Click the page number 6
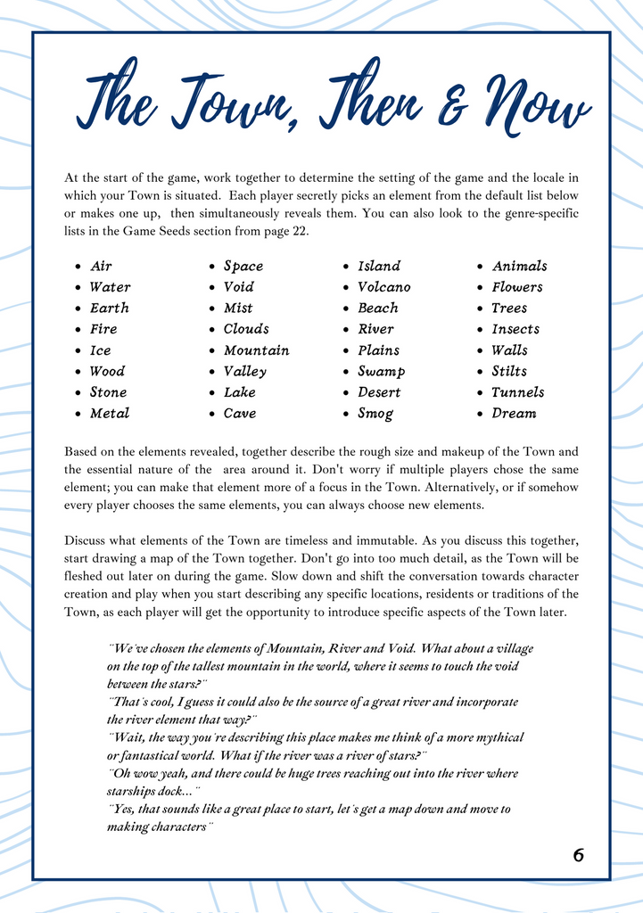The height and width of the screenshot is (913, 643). [579, 855]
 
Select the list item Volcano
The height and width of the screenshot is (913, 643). [384, 287]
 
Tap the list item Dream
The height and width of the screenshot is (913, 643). [514, 413]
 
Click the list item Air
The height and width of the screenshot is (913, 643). [101, 266]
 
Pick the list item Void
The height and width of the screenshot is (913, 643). [239, 287]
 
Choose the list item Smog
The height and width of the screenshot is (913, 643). [375, 413]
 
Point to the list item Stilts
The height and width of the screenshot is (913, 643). [509, 371]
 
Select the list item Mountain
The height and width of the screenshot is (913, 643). [257, 350]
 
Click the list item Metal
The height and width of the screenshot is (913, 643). [110, 413]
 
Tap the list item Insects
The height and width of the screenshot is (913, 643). [515, 329]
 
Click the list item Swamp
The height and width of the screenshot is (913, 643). [382, 371]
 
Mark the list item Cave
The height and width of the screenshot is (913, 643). [240, 413]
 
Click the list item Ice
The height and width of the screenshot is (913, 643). [101, 350]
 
